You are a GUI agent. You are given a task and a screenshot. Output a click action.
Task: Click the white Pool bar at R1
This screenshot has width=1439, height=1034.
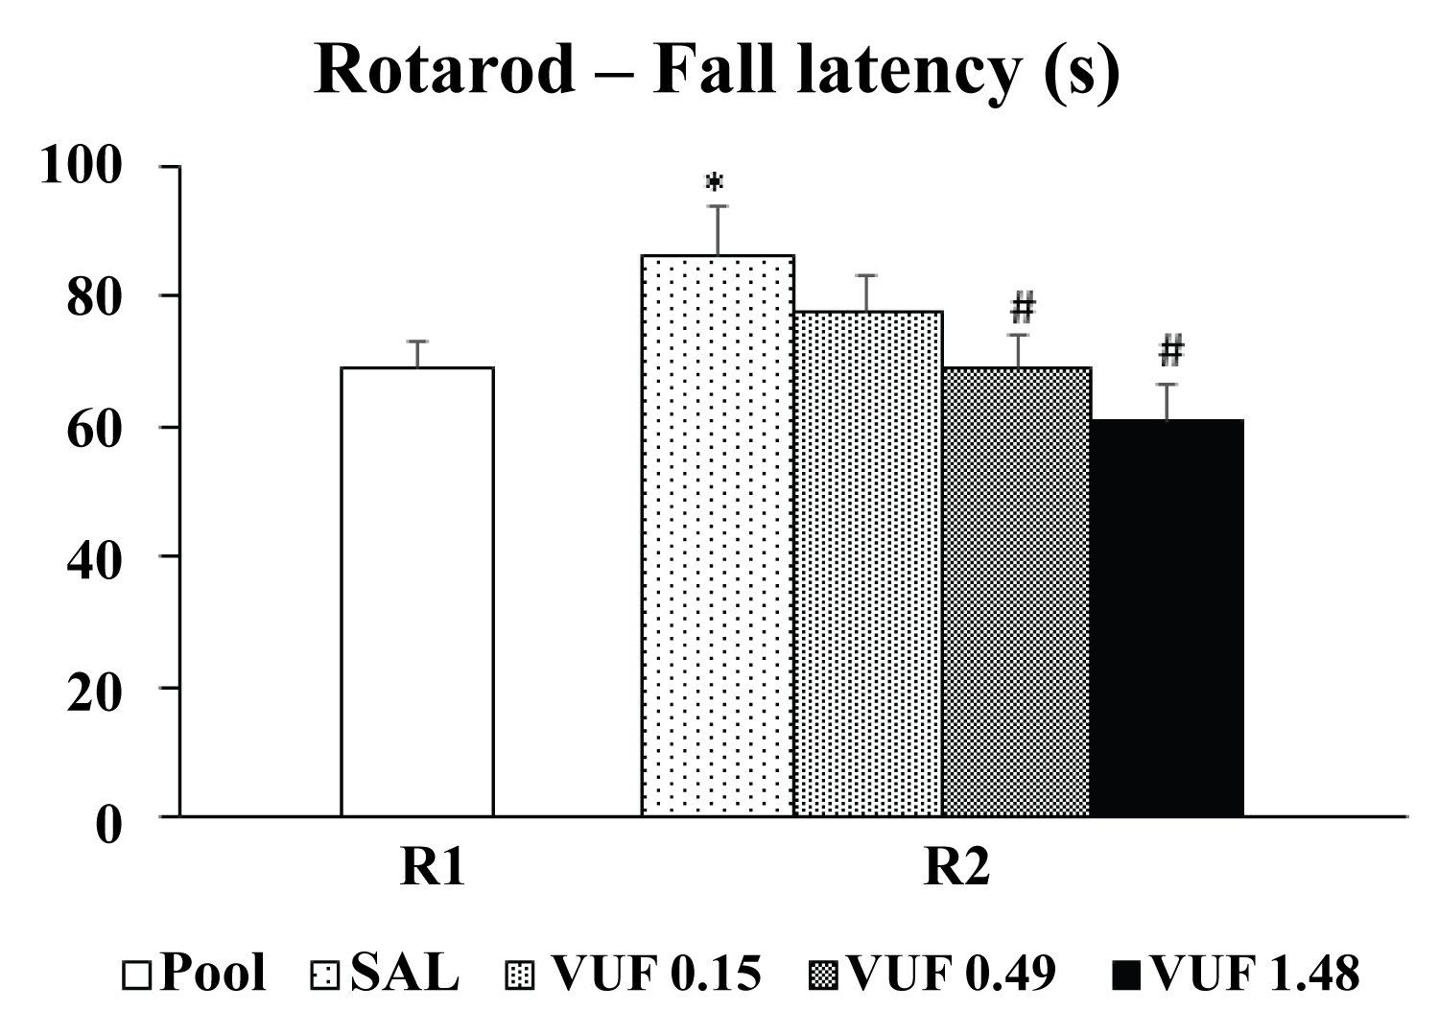pos(417,591)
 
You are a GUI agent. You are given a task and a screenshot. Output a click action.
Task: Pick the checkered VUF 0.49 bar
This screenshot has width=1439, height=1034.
pos(1017,591)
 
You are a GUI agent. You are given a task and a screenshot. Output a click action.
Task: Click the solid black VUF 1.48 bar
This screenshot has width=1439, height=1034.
pos(1168,618)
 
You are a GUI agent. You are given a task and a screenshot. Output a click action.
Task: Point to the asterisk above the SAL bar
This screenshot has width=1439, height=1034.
pos(715,182)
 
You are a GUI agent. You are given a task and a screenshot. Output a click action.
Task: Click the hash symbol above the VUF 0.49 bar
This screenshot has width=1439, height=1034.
pos(1023,309)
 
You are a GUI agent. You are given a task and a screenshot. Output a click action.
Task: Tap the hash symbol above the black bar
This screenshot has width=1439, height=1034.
pos(1170,352)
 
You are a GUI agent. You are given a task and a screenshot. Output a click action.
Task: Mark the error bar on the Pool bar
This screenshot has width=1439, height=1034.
pos(418,353)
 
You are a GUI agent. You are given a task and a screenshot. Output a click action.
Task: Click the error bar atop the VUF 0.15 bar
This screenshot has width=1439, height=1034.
pos(867,292)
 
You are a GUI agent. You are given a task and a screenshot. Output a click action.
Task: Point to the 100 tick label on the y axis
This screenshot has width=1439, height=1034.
pos(82,166)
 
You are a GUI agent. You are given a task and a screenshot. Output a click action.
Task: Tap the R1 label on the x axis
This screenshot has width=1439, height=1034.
pos(433,869)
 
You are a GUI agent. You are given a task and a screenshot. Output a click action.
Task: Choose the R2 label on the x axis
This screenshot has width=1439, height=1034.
pos(956,869)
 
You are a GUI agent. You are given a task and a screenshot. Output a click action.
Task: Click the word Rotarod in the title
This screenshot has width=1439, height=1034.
pos(444,69)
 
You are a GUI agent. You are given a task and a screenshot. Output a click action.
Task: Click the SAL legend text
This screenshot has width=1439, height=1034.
pos(404,975)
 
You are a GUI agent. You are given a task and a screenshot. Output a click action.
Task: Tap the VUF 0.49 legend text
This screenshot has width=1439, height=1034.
pos(953,975)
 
